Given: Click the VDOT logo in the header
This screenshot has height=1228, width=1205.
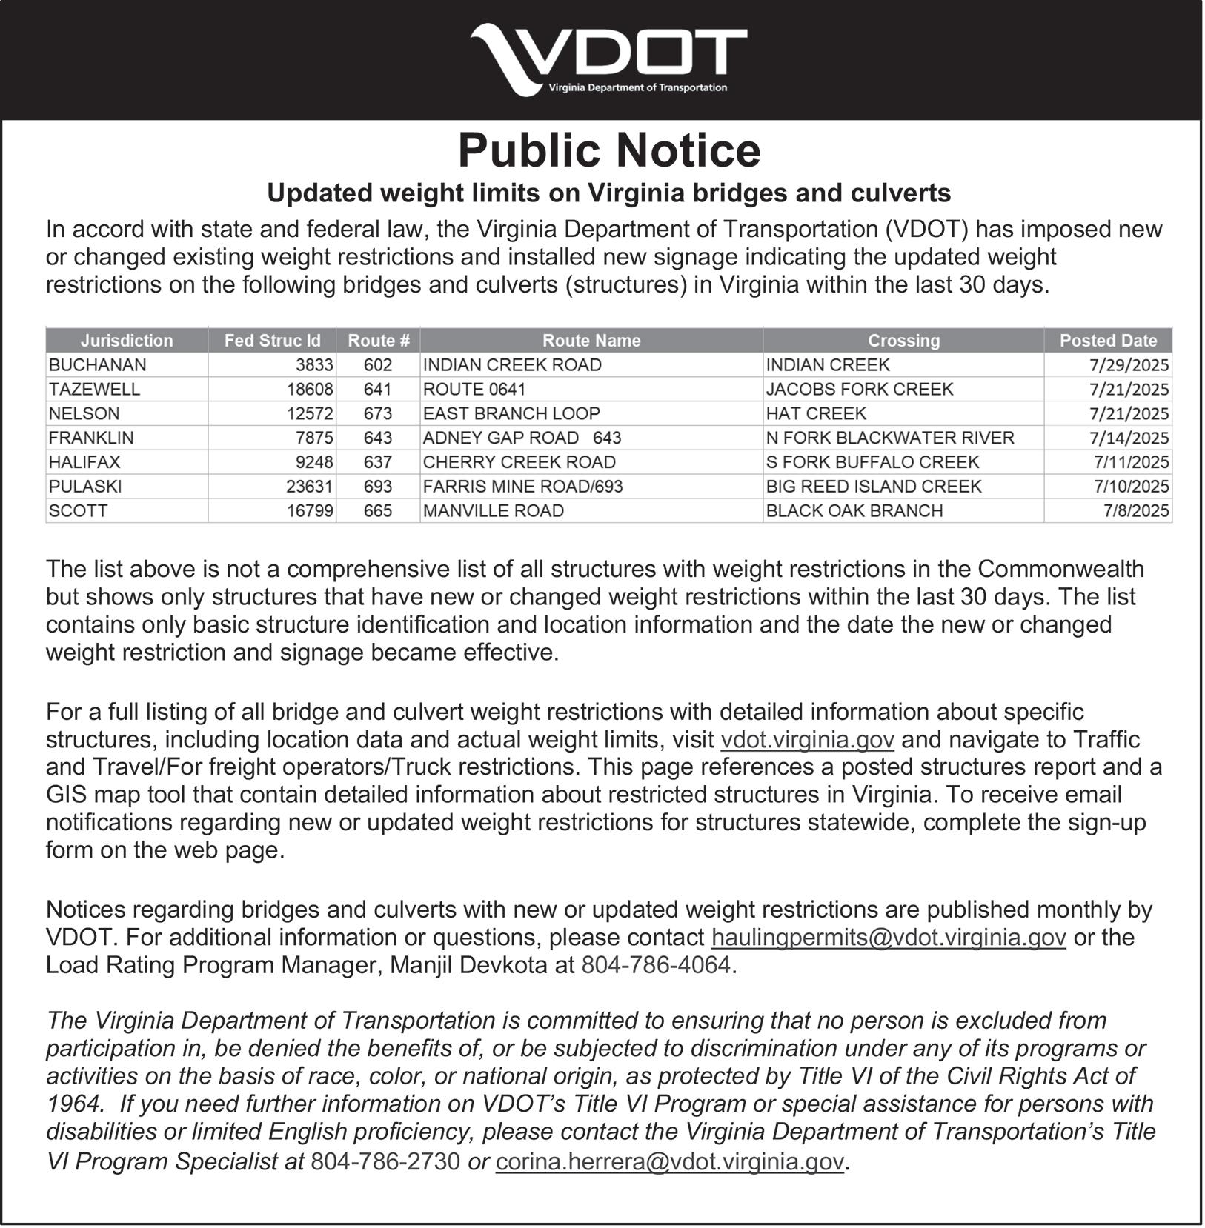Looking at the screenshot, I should point(608,59).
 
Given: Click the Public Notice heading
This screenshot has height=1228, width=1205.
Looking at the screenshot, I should point(609,150).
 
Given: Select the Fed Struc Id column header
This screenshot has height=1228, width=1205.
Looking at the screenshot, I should point(272,341).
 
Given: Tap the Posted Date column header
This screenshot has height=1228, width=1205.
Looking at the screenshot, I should point(1108,341).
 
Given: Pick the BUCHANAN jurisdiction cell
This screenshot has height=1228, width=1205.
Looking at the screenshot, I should point(97,365).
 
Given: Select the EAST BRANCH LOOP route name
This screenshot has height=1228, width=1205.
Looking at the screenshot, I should point(511,413).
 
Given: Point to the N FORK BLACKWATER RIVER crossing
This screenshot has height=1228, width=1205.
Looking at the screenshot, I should point(889,438).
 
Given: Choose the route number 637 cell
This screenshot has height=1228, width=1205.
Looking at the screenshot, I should point(378,462).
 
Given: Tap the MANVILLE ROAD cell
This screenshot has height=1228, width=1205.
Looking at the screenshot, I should point(494,511).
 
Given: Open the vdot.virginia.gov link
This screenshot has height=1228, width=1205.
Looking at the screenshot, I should point(807,740).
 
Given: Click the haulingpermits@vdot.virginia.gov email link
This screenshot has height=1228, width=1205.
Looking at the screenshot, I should point(889,938).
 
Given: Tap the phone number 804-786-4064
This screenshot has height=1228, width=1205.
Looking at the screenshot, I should point(656,966).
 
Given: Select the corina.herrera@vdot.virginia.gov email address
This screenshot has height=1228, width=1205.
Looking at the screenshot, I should point(669,1161).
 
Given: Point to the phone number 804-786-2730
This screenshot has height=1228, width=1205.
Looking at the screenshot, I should point(385,1161).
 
